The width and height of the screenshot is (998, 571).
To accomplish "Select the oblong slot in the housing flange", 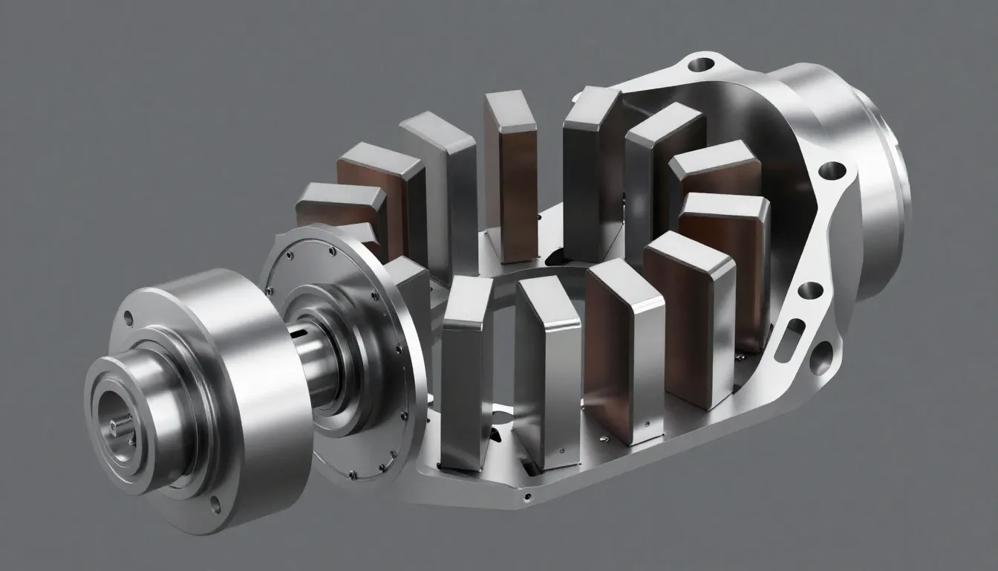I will (795, 327).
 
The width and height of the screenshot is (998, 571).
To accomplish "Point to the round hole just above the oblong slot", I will (811, 290).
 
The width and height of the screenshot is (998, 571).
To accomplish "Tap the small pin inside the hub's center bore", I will (114, 425).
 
